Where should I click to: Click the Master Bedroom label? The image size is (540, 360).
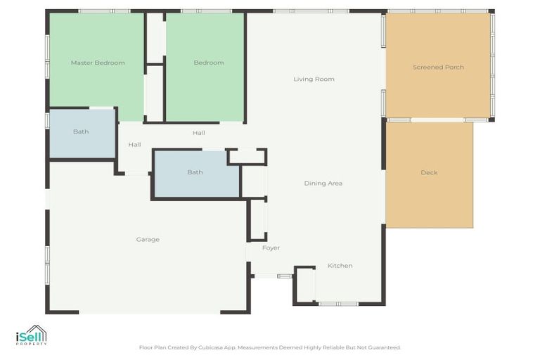click(98, 63)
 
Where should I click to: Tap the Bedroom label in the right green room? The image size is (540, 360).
click(209, 63)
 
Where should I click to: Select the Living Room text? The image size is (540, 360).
click(314, 79)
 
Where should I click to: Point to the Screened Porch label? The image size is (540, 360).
click(438, 67)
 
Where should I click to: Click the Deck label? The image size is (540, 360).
click(429, 173)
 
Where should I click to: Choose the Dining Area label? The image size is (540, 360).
click(323, 184)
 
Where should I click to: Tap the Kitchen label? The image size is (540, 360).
click(340, 266)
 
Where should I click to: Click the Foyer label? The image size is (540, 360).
click(271, 248)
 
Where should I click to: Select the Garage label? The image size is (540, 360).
click(148, 240)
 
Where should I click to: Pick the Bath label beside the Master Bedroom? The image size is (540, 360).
click(81, 132)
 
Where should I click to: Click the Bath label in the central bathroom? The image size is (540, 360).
click(195, 172)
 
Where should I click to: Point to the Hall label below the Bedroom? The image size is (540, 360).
click(199, 133)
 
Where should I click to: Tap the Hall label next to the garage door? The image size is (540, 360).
click(134, 146)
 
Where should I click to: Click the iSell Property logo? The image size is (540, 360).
click(31, 335)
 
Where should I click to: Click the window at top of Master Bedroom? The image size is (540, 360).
click(103, 11)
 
